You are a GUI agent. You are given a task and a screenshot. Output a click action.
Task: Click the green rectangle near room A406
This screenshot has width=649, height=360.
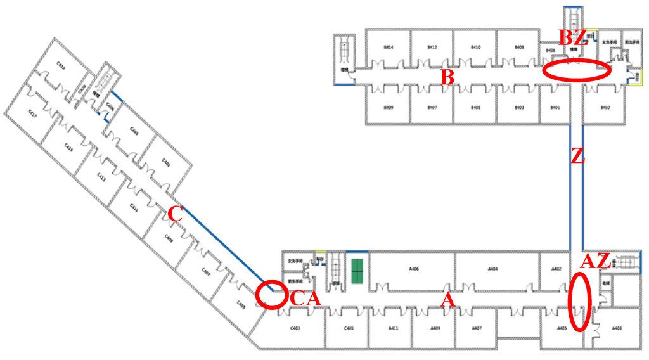pos(357,271)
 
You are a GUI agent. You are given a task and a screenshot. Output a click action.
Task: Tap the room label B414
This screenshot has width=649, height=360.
pos(389,47)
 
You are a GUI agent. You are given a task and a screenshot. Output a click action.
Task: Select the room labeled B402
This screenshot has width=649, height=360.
pos(605,108)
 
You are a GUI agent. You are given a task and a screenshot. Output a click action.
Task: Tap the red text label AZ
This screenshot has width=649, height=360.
pos(596,261)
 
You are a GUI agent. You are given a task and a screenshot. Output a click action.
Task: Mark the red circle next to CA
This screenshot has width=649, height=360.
pos(273,295)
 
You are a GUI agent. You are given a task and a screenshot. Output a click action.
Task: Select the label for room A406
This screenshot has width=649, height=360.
pos(414,269)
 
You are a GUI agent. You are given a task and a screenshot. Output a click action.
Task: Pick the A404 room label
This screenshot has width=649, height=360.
pos(492,269)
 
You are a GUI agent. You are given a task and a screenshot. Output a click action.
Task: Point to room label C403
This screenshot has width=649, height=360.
pos(295,328)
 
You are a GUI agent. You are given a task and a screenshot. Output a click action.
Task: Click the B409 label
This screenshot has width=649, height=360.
pos(389,108)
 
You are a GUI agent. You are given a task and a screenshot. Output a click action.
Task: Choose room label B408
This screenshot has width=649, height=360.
pos(519,47)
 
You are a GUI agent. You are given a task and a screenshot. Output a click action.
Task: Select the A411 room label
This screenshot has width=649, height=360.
pos(393,328)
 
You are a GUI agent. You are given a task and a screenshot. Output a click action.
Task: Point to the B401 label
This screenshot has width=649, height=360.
pos(555,108)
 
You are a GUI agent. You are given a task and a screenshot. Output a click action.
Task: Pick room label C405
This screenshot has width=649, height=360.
pos(241,305)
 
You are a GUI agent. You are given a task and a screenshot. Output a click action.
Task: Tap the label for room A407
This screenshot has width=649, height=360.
pos(477,328)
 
